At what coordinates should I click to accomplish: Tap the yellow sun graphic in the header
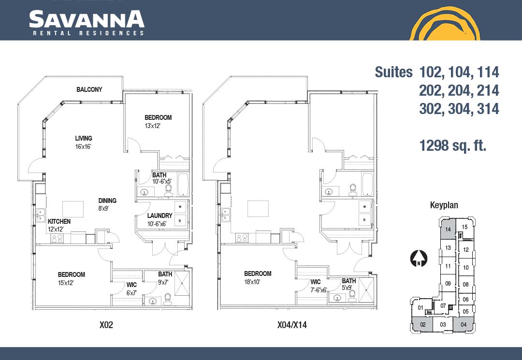tap(445, 24)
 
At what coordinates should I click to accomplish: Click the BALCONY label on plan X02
tap(89, 89)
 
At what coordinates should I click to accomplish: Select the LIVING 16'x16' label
tap(83, 143)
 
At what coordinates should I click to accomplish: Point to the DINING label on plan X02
tap(107, 201)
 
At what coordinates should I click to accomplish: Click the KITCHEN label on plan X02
tap(59, 221)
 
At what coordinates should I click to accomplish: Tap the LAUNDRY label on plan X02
tap(160, 216)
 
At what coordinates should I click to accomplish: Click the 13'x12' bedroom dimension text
tap(152, 126)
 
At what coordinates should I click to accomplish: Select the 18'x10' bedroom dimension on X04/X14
tap(252, 282)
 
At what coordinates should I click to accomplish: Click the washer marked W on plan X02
tap(180, 207)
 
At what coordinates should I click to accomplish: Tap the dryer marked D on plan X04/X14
tap(364, 219)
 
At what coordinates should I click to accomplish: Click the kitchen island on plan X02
tap(73, 209)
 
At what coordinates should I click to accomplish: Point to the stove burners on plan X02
tap(57, 239)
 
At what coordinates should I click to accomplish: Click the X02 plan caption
tap(106, 325)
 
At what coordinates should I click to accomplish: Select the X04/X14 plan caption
tap(292, 325)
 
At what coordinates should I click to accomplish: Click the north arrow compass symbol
tap(419, 259)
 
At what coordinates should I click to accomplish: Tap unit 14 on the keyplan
tap(448, 229)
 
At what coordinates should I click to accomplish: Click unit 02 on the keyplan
tap(422, 324)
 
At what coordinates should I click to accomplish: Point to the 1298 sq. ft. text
tap(453, 145)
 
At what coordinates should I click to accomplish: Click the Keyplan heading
tap(444, 205)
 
